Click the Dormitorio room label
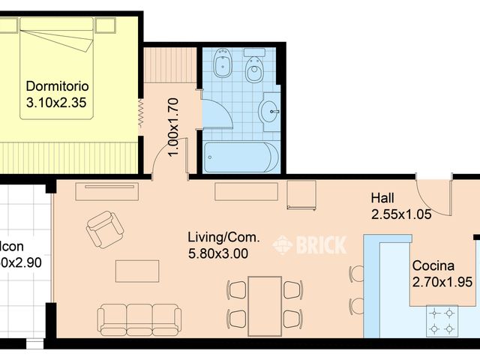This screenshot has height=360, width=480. tap(57, 85)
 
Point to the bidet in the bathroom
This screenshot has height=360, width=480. tap(223, 64)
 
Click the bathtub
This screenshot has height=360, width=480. tap(241, 157)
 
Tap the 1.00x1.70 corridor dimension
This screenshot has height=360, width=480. tap(172, 127)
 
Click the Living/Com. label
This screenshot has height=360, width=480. tap(223, 238)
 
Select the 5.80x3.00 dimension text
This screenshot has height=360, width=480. tap(218, 253)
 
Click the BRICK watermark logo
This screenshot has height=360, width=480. tap(310, 244)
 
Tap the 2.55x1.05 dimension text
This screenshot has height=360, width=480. tap(402, 214)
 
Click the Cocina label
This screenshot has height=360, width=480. tap(433, 266)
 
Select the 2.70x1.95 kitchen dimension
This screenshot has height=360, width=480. tap(442, 282)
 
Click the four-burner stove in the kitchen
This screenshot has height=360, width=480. tap(442, 320)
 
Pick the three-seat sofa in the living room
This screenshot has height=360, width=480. tap(139, 318)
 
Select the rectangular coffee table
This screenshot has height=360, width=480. tap(137, 271)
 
